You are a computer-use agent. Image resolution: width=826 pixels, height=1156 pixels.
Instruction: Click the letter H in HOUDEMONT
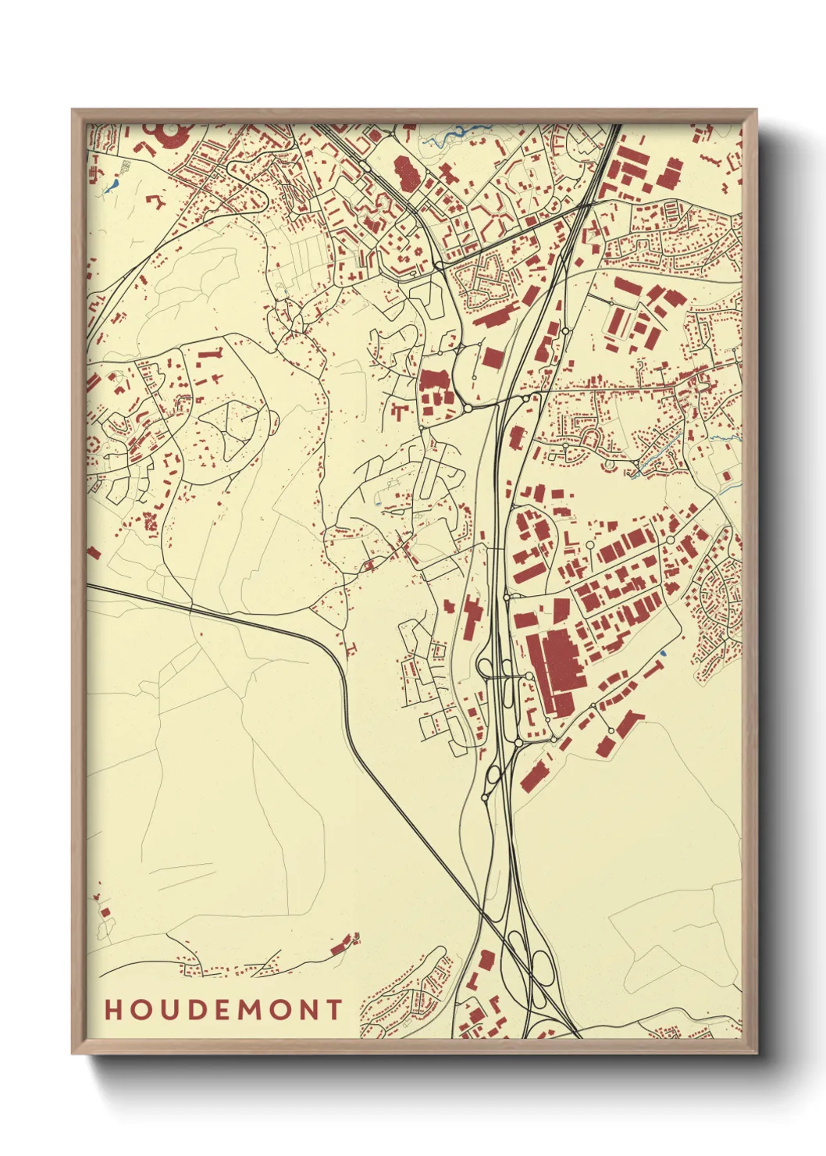(x=114, y=1010)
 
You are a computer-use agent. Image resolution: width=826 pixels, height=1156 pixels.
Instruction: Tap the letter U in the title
(x=169, y=1010)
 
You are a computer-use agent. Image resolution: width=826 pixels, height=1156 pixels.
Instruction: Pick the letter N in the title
(x=309, y=1010)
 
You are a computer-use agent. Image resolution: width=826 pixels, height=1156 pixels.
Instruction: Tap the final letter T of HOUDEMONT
(x=335, y=1010)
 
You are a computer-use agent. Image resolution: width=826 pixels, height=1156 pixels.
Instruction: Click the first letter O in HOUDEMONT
(x=141, y=1010)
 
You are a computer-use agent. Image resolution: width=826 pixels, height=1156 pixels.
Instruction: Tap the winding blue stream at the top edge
(x=449, y=136)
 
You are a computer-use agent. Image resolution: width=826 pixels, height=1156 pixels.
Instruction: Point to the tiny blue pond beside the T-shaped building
(x=663, y=652)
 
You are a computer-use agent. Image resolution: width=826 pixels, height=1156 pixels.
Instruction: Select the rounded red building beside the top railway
(x=405, y=173)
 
